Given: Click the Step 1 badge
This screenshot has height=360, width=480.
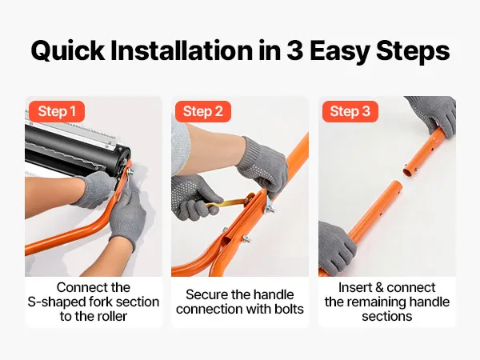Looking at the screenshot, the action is pyautogui.click(x=57, y=111).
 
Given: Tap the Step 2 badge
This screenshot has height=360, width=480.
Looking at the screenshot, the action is pyautogui.click(x=203, y=111).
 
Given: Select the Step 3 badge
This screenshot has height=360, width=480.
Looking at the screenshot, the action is pyautogui.click(x=350, y=111).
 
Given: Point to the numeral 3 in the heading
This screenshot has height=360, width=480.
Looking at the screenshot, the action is pyautogui.click(x=294, y=51).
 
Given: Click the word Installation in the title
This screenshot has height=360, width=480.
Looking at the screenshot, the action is pyautogui.click(x=182, y=50).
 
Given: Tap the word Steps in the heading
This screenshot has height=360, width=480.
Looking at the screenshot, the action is pyautogui.click(x=413, y=51).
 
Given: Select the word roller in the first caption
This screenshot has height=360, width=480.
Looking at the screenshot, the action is pyautogui.click(x=111, y=316).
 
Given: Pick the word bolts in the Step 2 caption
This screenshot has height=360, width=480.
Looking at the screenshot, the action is pyautogui.click(x=289, y=309).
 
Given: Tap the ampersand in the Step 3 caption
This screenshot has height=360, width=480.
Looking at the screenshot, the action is pyautogui.click(x=379, y=288).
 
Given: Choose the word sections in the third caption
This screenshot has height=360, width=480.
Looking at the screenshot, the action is pyautogui.click(x=387, y=316).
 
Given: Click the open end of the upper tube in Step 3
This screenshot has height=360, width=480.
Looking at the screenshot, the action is pyautogui.click(x=409, y=170).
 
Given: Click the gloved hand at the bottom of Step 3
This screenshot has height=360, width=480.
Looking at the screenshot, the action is pyautogui.click(x=337, y=247).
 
